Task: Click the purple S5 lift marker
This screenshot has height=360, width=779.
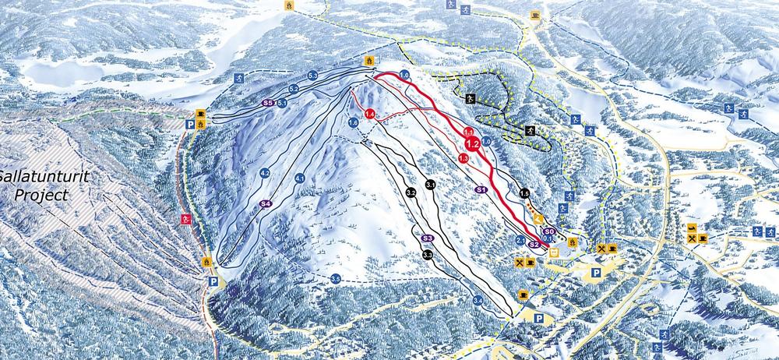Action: (x=267, y=102)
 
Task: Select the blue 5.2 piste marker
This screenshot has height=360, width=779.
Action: (x=294, y=89)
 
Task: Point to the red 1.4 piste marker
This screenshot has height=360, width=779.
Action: (x=370, y=115)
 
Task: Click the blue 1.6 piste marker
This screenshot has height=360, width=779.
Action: (x=353, y=122)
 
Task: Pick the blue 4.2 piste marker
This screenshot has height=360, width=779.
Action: (x=265, y=172)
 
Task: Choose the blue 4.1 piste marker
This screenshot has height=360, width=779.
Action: (x=299, y=178)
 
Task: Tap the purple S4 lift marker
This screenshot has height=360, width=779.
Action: (x=266, y=203)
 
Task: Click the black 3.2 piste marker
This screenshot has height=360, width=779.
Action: (x=411, y=192)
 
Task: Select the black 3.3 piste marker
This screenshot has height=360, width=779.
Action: (x=428, y=255)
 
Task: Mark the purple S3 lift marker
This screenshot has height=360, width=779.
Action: (x=426, y=238)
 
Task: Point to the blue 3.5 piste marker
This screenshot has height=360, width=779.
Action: (x=336, y=279)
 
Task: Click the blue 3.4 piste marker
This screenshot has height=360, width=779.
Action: (x=478, y=301)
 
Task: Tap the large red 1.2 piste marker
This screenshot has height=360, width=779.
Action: (x=471, y=144)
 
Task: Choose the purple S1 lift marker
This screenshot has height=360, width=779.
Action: (x=481, y=189)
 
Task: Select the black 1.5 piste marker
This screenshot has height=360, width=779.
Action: (x=524, y=193)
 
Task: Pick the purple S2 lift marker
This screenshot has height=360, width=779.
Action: (x=534, y=244)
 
